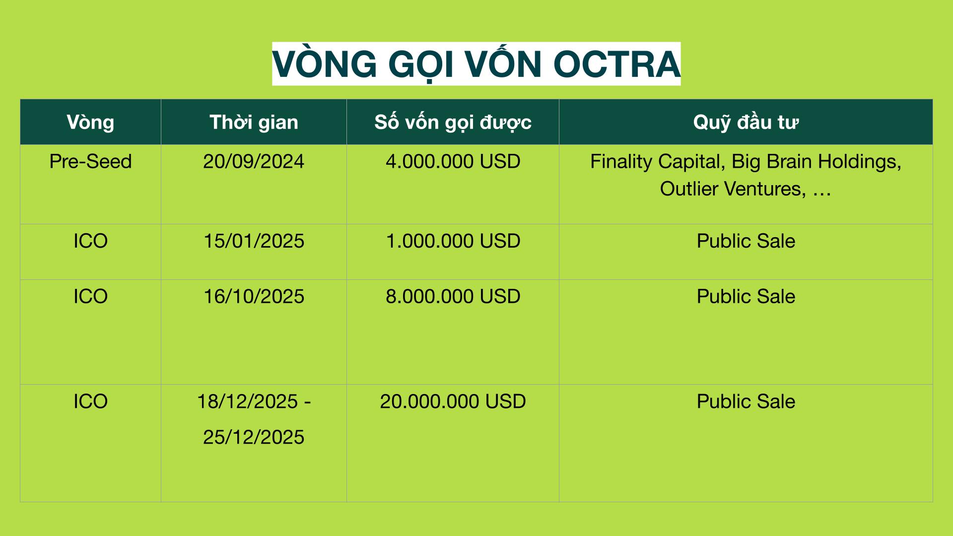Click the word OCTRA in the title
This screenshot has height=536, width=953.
616,64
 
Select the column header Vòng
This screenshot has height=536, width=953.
90,122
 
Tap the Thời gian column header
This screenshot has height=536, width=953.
254,122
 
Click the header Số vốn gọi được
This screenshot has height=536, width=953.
453,122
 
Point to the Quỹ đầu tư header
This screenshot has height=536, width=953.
746,122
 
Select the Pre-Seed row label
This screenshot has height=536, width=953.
90,162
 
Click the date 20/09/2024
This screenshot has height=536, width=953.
254,162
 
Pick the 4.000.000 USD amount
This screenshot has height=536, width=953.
453,162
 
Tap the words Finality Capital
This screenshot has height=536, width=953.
655,162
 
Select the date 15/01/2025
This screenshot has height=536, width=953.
254,241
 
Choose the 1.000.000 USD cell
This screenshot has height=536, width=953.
453,241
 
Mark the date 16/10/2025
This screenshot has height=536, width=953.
254,297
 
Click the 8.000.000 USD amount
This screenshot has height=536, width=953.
453,297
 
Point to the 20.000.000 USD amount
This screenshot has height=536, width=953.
453,402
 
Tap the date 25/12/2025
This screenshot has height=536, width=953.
254,437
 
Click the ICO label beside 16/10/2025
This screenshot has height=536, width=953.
90,297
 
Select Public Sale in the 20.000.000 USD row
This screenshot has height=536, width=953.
746,402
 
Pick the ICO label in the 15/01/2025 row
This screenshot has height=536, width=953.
90,241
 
